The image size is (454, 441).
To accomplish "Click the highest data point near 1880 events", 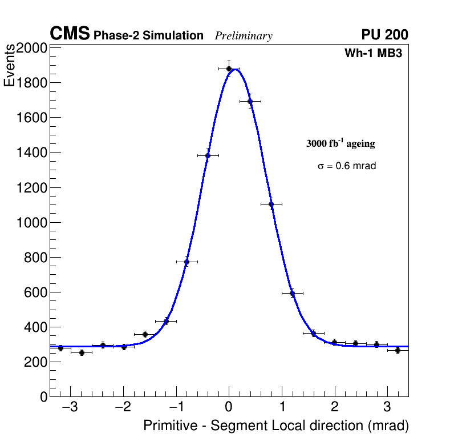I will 229,69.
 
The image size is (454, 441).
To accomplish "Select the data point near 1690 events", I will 250,101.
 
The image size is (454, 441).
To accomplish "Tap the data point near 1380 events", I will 208,155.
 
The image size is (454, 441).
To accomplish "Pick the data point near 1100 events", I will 271,204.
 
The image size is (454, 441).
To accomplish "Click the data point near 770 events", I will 187,262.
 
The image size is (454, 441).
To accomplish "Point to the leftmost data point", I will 60,348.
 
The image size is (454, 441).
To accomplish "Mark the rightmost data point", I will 398,350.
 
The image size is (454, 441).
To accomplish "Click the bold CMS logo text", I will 70,34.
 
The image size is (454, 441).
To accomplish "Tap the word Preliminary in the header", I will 244,37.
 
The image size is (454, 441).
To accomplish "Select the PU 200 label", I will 384,35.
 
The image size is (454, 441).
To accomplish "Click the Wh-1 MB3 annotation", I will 374,54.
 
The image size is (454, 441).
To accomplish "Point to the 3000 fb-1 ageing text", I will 340,143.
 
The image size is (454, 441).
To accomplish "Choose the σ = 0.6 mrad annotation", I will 347,166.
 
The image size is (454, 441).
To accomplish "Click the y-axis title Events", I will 10,67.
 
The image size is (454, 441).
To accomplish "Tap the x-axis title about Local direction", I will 276,426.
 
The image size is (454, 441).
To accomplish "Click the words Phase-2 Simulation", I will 148,36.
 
